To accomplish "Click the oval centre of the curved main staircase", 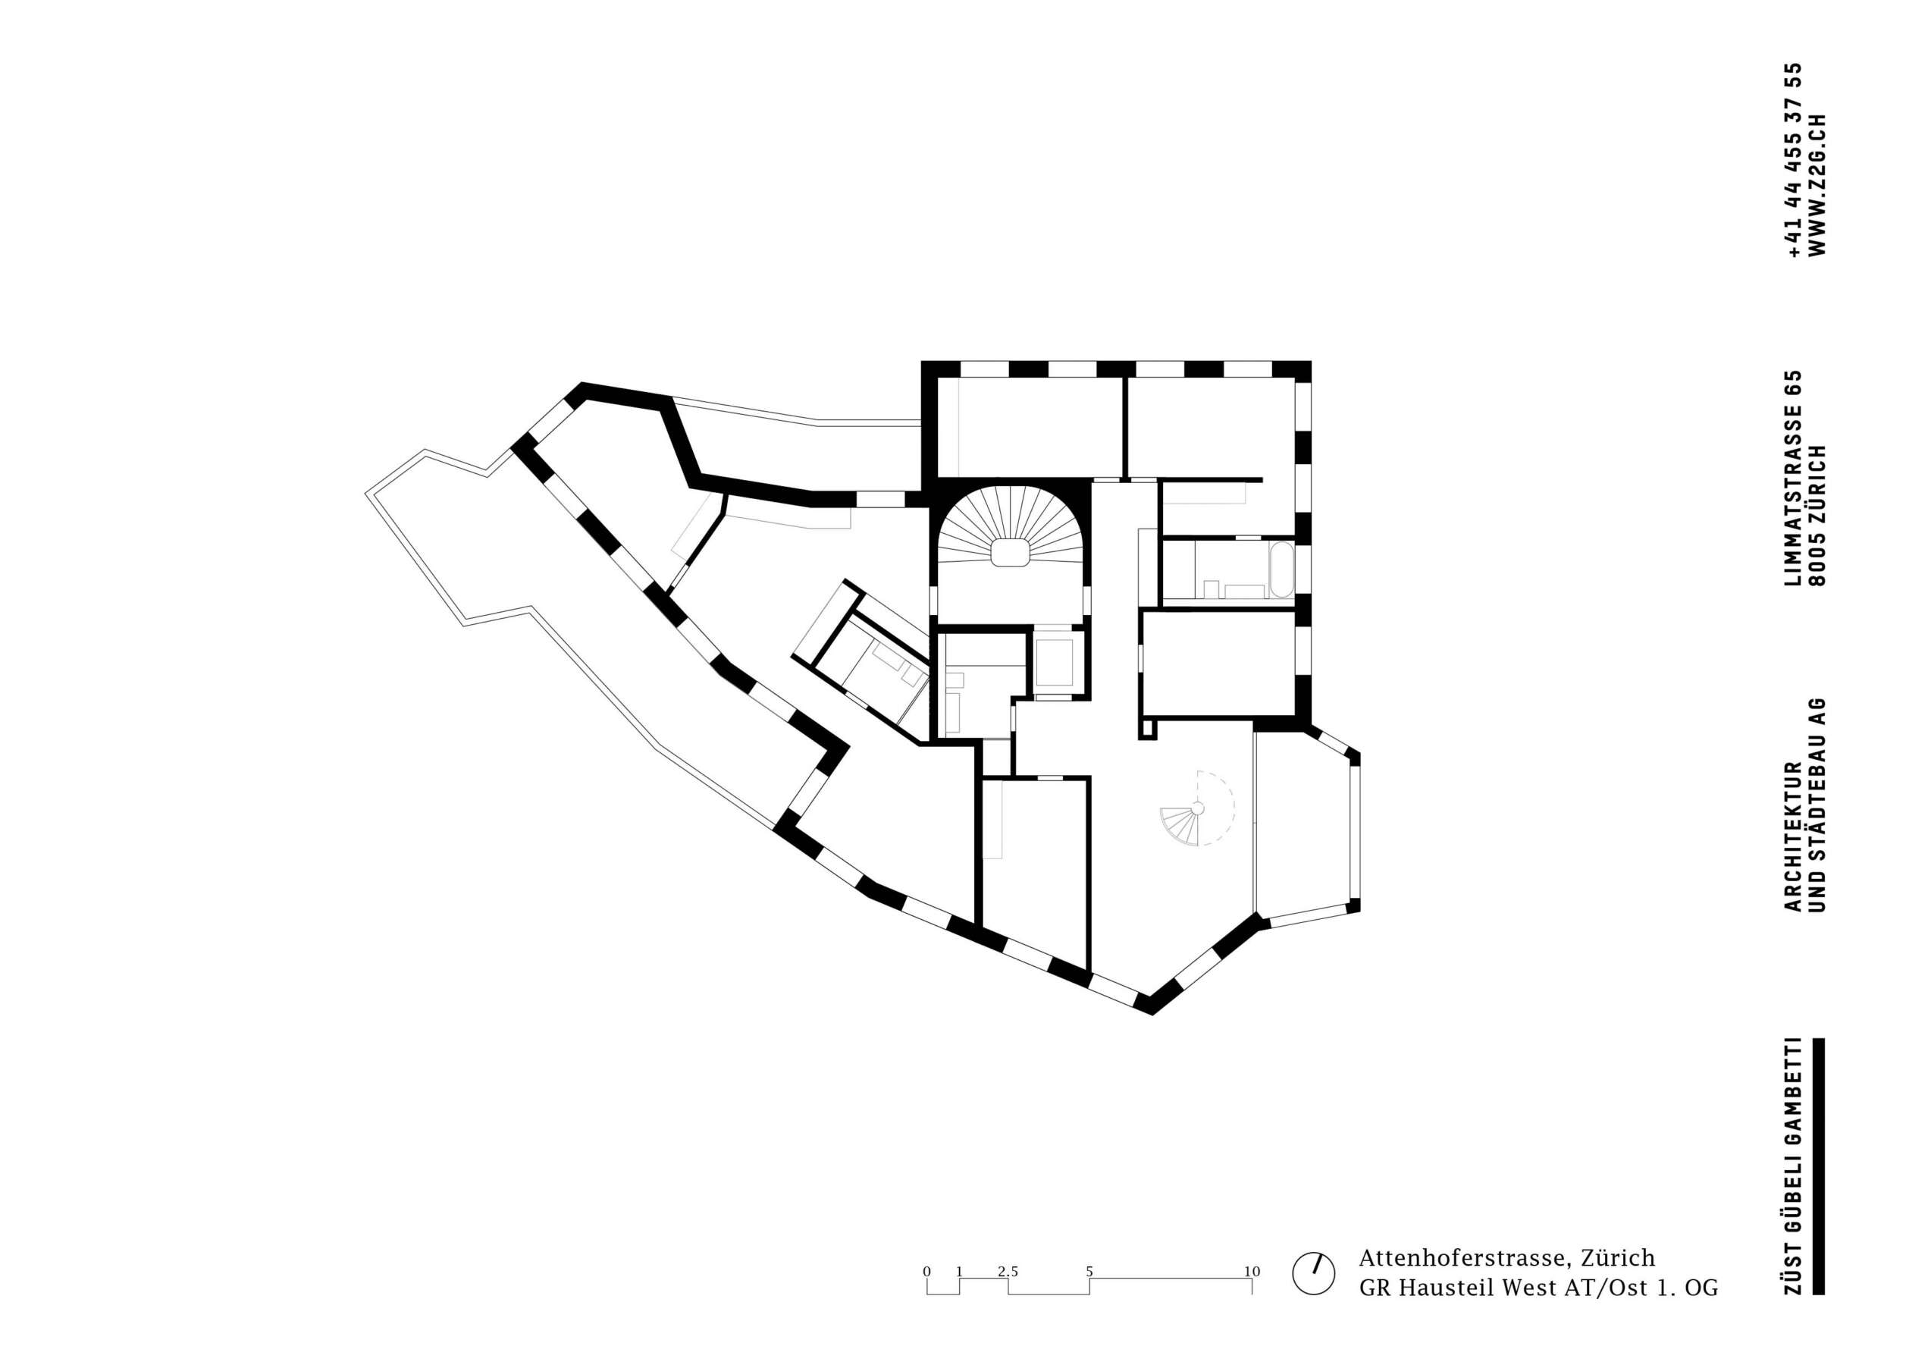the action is (x=1008, y=553).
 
